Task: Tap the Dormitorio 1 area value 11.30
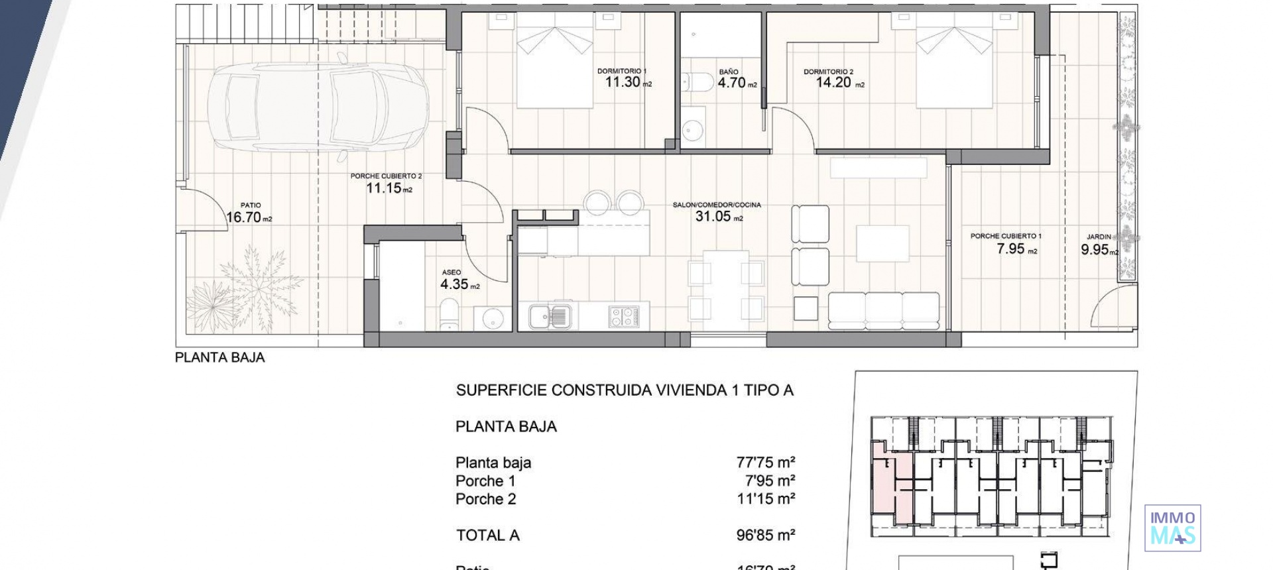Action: pos(623,82)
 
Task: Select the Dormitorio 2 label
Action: pos(828,72)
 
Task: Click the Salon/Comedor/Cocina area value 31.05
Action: pos(713,216)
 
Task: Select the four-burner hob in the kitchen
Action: pos(623,316)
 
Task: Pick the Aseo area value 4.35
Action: pos(454,284)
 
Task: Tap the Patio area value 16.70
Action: pos(244,217)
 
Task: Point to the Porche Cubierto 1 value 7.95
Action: pos(1010,249)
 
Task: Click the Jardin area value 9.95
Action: pos(1095,250)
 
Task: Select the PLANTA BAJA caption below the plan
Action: pos(219,358)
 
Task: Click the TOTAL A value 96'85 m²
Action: pos(765,535)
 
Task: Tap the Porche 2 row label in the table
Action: pos(485,499)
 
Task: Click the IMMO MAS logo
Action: pos(1172,528)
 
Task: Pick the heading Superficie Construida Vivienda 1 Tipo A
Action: pos(624,390)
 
